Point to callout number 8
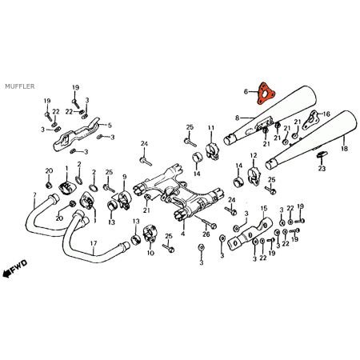point(237,118)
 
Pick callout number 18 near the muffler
point(345,149)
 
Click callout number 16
point(326,114)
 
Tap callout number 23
point(322,168)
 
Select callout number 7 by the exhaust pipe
point(34,194)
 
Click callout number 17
point(93,243)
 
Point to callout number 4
point(182,234)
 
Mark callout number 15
point(263,208)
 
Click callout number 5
point(110,126)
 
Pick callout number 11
point(211,128)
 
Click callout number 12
point(254,155)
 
